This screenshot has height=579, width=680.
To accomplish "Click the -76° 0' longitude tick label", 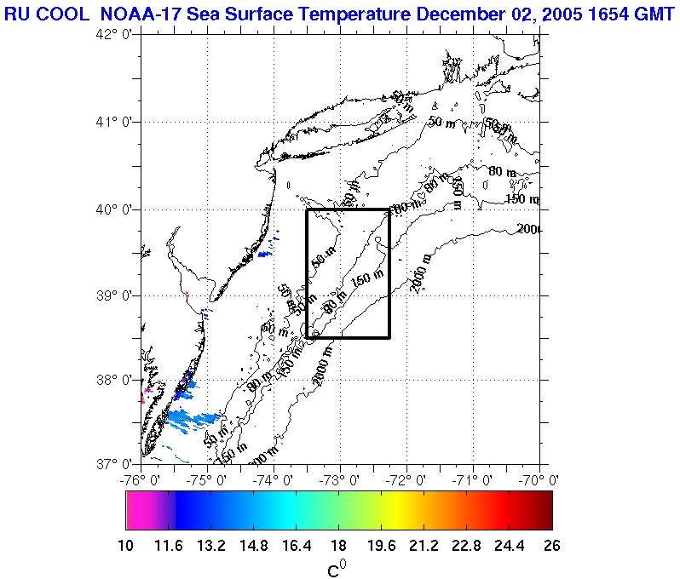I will coord(140,479).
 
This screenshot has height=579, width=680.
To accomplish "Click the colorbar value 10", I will coord(125,546).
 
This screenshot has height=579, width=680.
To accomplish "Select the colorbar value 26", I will coord(552,546).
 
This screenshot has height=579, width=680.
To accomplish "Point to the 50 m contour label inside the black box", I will coord(325,255).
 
